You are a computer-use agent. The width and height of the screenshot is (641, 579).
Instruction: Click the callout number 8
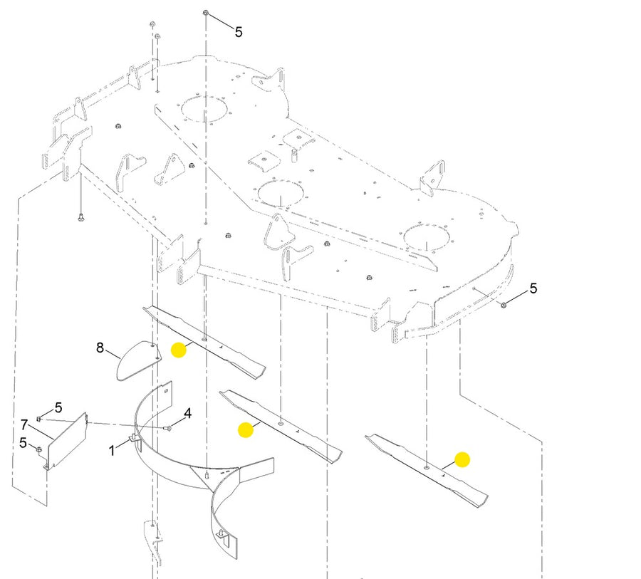(100, 348)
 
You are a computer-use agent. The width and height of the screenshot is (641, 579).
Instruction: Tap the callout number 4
(187, 413)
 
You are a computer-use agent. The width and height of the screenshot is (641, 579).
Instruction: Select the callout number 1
(112, 451)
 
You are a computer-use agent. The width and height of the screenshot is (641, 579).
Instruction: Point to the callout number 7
(24, 425)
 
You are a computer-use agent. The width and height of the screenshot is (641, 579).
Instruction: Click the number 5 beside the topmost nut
(239, 32)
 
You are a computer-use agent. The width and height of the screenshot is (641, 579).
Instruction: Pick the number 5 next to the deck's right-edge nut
(533, 288)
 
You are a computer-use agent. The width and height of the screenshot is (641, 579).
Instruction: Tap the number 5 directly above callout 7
(58, 407)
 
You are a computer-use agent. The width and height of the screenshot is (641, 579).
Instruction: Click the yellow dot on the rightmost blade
(462, 459)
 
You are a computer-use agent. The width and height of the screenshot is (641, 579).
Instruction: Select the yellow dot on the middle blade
(246, 429)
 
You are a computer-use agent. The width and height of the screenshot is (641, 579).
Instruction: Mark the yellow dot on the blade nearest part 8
(179, 350)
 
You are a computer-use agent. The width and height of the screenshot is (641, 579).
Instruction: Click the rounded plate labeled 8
(138, 360)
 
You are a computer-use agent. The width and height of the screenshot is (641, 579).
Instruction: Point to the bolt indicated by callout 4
(167, 429)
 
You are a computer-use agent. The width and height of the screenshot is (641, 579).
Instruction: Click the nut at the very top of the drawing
(206, 14)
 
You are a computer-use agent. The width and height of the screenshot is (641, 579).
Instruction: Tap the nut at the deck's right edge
(504, 305)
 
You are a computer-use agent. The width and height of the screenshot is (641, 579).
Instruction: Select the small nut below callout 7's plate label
(38, 450)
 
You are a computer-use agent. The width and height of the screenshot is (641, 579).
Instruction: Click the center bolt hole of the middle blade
(280, 423)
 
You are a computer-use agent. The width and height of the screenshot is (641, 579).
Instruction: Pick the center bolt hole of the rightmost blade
(427, 466)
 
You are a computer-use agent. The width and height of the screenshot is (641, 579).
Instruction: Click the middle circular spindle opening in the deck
(281, 193)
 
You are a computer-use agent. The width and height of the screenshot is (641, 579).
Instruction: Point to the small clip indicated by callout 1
(133, 439)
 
